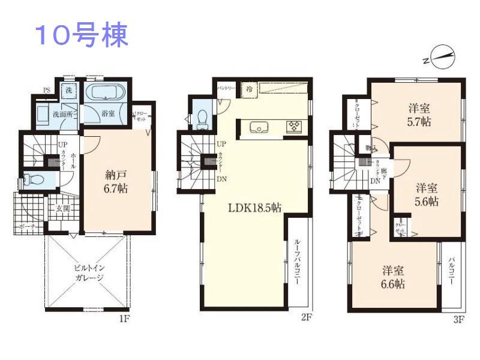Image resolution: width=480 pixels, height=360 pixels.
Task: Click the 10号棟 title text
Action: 82,36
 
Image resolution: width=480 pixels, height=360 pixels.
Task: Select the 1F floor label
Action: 124,319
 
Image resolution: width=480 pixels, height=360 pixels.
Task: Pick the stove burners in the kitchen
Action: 295,126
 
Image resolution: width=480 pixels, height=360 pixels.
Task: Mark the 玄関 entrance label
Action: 64,209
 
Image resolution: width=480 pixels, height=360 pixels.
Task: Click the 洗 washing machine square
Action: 69,91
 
